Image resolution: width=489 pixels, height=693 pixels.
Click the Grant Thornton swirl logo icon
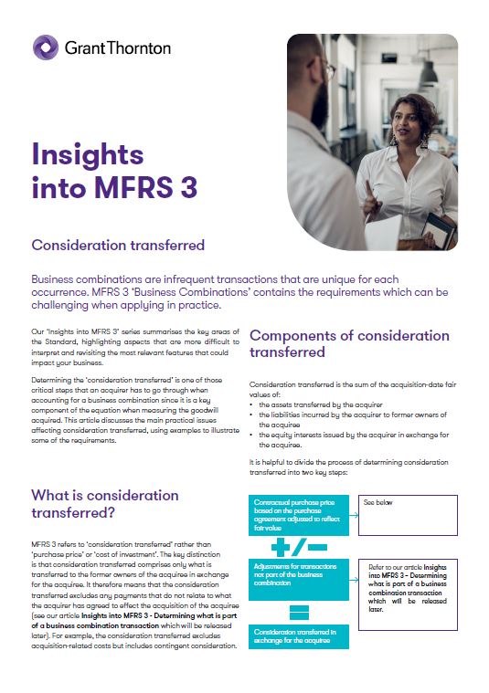[x=46, y=47]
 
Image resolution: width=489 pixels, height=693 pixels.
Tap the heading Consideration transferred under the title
[x=118, y=245]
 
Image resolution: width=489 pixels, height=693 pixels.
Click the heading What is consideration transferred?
[x=105, y=504]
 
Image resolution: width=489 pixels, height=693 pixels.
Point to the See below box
[x=408, y=515]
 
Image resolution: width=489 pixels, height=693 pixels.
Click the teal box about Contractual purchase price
[x=298, y=514]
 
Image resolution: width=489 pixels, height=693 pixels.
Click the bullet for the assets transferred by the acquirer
[x=252, y=403]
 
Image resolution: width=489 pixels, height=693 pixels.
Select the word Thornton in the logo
[x=140, y=47]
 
